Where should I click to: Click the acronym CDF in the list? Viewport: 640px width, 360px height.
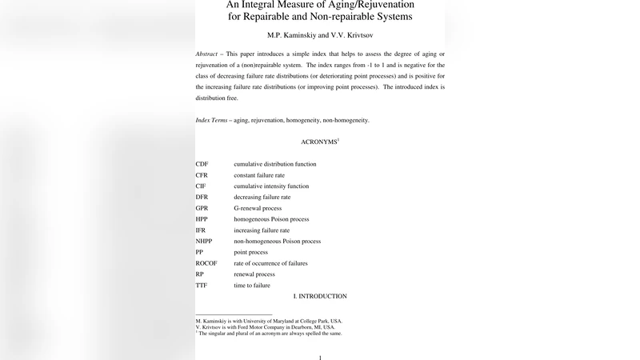pos(202,164)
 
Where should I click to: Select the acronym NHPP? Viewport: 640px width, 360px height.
pos(205,241)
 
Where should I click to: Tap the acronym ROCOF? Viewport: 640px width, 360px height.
pos(206,263)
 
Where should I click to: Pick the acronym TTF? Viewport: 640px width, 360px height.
pos(201,285)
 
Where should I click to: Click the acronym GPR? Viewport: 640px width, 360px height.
pos(202,208)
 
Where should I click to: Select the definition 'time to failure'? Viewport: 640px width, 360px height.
pos(252,285)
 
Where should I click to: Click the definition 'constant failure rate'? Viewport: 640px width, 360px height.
pos(259,175)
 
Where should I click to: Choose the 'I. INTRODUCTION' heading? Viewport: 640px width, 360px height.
pos(319,296)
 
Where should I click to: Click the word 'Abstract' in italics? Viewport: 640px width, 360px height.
pos(208,54)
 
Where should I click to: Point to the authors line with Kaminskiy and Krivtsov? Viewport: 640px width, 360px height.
pos(320,35)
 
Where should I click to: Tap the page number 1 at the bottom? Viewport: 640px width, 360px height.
pos(320,357)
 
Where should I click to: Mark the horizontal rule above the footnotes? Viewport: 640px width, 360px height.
pos(234,314)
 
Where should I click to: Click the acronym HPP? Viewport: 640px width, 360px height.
pos(202,219)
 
